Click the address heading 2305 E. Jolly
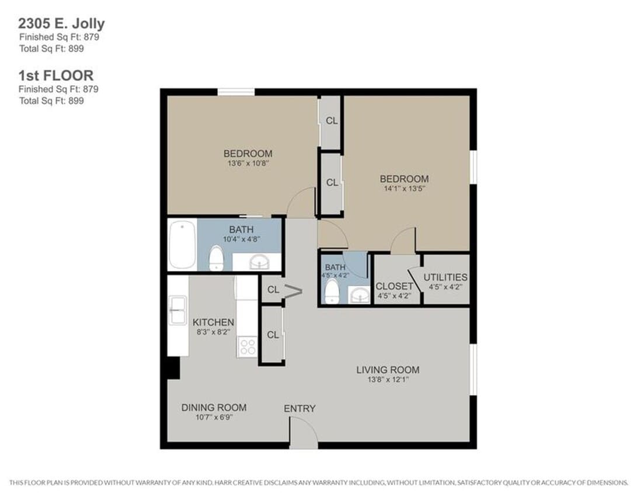pos(61,24)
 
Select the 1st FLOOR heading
pos(56,76)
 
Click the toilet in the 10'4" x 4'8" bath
pos(217,258)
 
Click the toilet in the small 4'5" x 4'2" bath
pos(332,291)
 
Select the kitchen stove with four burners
pos(248,347)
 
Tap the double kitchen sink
pos(177,310)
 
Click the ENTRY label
pos(300,408)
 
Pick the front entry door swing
pos(304,433)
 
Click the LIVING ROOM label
pos(388,370)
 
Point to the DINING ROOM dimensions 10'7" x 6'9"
pos(213,418)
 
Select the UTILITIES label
pos(445,277)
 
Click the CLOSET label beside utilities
pos(394,286)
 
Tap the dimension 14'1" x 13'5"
pos(404,189)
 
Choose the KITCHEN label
pos(213,322)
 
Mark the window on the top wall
pos(236,91)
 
